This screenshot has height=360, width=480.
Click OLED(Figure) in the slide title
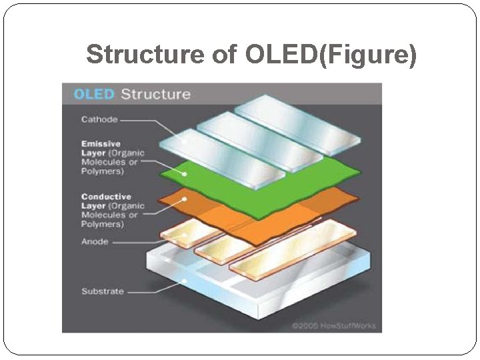pos(331,55)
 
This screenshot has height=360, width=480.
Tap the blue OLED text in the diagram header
pos(94,94)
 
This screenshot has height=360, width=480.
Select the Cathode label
pos(99,120)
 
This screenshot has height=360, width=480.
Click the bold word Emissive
pos(101,143)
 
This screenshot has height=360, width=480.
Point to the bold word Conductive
pos(106,197)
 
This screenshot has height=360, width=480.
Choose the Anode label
pos(95,241)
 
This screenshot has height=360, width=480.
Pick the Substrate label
pos(103,291)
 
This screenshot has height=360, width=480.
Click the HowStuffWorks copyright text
pos(333,326)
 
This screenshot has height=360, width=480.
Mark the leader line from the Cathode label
pos(143,121)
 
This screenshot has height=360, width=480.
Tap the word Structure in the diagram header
pos(155,94)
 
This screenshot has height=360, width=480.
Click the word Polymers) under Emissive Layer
pos(103,171)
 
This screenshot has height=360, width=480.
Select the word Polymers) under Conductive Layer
pos(103,225)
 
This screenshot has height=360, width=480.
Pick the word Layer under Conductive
pos(93,206)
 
